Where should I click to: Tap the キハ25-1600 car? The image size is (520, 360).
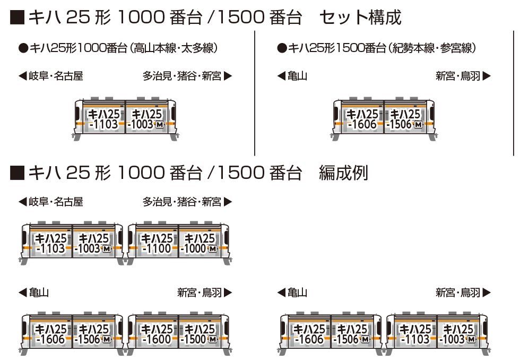click(153, 334)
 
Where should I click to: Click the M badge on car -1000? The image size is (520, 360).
click(213, 249)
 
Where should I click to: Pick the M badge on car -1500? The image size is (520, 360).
click(213, 339)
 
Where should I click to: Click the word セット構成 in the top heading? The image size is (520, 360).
click(360, 17)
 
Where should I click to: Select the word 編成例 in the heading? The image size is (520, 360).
click(344, 173)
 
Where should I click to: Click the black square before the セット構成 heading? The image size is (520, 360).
click(17, 18)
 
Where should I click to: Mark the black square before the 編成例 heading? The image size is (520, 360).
click(17, 173)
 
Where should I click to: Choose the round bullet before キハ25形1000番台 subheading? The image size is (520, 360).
click(23, 49)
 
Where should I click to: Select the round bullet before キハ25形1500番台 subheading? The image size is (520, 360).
click(282, 49)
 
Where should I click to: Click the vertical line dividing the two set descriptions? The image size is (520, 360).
click(254, 93)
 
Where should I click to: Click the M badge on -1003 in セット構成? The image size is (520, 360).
click(160, 125)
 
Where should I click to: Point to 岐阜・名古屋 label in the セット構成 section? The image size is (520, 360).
click(56, 76)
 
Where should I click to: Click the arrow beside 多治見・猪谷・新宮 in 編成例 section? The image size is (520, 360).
click(228, 202)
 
